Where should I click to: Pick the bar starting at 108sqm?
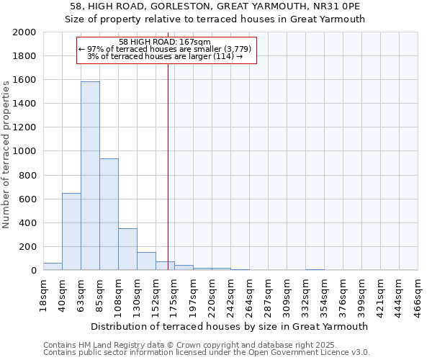coord(127,249)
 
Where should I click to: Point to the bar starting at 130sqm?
coord(146,261)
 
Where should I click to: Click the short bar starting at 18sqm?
coord(53,266)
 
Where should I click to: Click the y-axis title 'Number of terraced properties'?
coord(6,154)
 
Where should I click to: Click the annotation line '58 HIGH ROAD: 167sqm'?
coord(165,42)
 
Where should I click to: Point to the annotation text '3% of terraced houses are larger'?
coord(165,56)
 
